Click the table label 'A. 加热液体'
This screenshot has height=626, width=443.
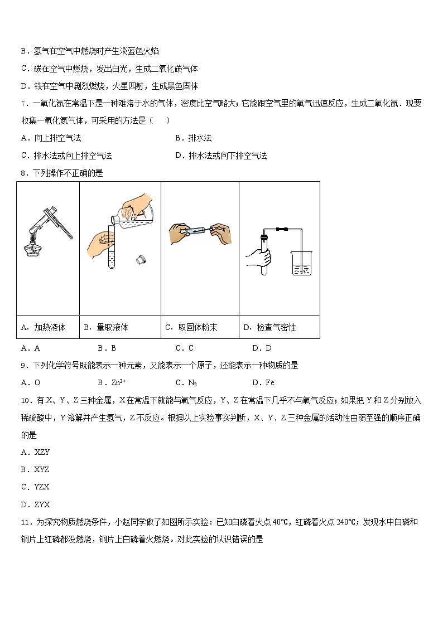(x=43, y=327)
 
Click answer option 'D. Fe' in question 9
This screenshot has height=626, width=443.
(x=263, y=382)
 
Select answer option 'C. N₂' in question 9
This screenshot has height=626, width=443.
(x=186, y=382)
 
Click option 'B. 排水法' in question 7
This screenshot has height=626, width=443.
(x=193, y=138)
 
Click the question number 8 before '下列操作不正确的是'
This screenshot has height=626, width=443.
(x=24, y=173)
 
